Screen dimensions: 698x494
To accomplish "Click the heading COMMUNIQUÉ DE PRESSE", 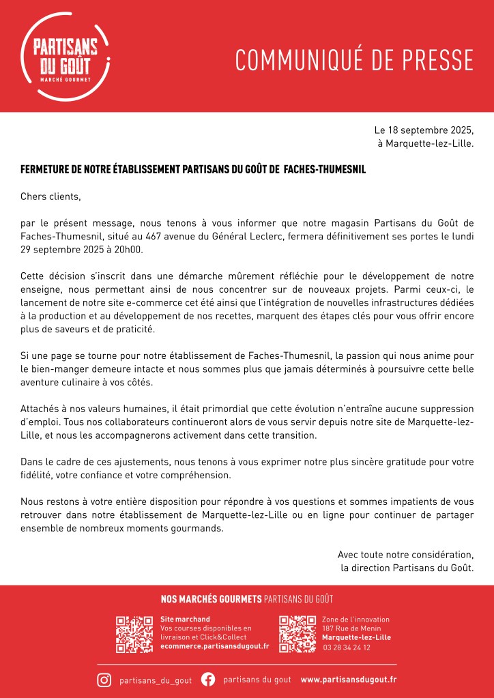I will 354,61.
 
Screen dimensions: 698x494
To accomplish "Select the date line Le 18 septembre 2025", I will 424,130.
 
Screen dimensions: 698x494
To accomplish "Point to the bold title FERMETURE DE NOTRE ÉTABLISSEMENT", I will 193,169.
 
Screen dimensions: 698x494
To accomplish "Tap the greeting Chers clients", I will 50,197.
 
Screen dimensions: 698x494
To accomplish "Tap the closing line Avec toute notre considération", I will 405,554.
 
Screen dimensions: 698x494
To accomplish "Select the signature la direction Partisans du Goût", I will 407,567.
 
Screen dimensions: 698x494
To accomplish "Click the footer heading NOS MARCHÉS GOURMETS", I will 211,599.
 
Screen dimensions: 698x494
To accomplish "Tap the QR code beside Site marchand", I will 134,635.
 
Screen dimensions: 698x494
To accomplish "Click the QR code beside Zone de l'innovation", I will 297,635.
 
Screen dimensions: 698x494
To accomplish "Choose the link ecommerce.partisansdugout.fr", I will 214,646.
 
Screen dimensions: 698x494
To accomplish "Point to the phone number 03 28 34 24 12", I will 347,647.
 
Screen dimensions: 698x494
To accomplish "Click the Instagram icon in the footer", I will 104,680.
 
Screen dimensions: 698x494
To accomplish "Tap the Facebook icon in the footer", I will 208,680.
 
